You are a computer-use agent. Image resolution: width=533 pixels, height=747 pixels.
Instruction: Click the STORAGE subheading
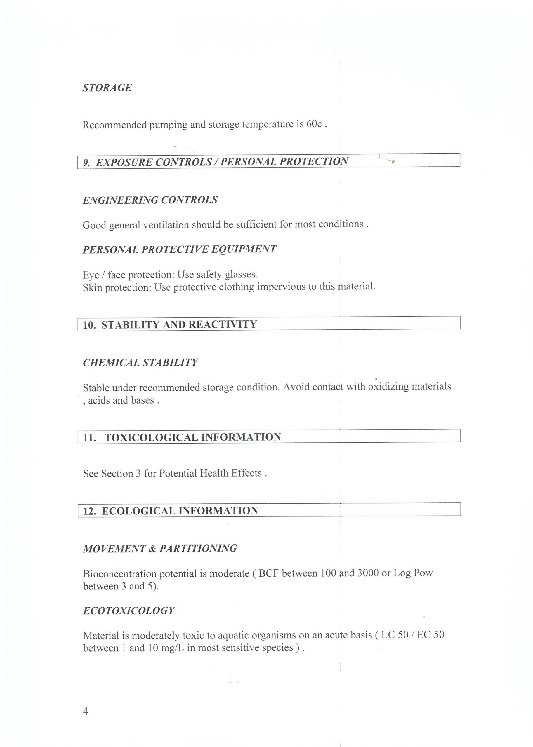point(107,88)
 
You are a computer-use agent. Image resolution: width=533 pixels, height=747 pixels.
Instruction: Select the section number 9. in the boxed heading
point(87,163)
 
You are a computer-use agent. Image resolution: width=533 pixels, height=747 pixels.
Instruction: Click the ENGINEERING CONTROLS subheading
point(150,200)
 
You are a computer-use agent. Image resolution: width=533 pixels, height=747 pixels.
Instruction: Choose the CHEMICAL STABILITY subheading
point(140,363)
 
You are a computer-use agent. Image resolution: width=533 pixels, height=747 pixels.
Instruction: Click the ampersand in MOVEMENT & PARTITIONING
point(152,549)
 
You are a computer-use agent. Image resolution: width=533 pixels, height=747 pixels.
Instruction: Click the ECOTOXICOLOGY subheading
point(129,611)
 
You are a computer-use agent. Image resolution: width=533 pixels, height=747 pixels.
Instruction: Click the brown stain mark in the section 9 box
point(390,161)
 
